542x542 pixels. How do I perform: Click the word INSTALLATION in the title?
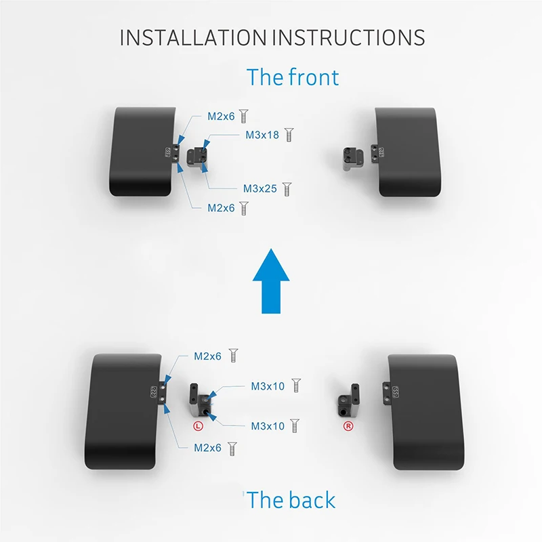(x=193, y=38)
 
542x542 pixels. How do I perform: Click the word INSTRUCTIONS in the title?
(x=349, y=38)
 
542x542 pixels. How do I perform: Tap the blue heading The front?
(x=293, y=77)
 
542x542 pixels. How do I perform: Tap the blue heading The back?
(x=291, y=500)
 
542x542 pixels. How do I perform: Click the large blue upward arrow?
(x=271, y=281)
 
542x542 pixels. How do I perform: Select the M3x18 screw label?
(x=262, y=135)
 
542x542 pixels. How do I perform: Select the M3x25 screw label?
(x=260, y=189)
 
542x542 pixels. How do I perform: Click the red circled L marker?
(x=198, y=426)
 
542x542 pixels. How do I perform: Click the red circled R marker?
(x=348, y=426)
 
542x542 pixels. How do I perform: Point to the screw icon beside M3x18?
(x=289, y=135)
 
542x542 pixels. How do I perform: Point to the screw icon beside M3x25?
(x=287, y=189)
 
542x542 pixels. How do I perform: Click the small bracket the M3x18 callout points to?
(x=198, y=157)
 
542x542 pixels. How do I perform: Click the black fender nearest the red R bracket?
(x=425, y=412)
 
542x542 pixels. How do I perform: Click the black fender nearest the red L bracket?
(x=125, y=411)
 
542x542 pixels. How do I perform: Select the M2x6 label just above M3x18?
(x=221, y=117)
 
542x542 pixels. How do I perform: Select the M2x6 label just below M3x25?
(x=221, y=208)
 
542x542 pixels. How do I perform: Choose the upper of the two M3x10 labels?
(x=268, y=386)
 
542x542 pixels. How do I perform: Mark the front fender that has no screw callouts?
(x=407, y=152)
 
